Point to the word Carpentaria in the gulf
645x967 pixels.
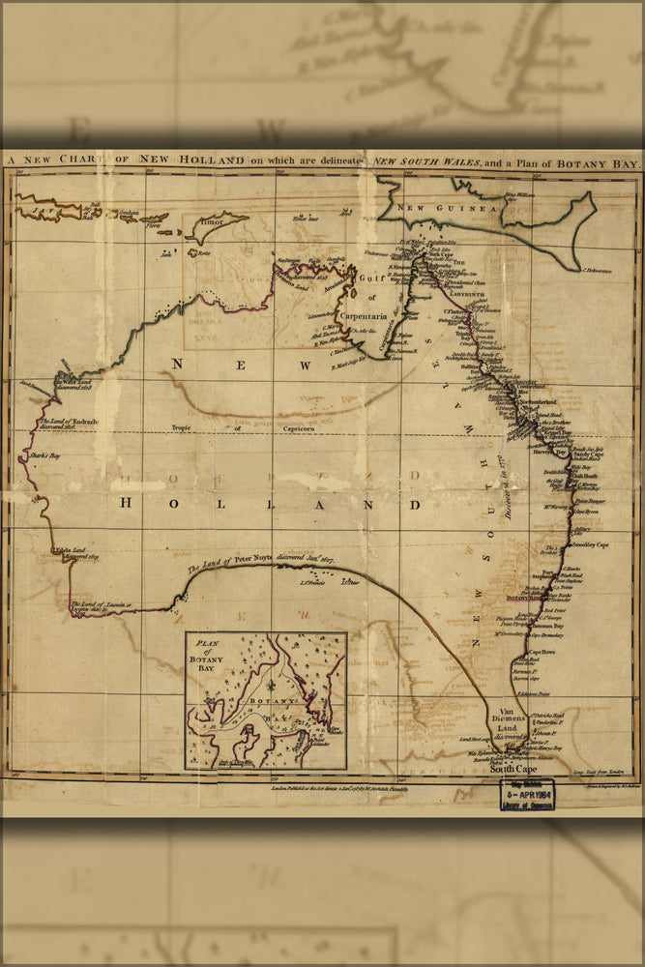[364, 315]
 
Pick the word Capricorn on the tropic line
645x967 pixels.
[279, 427]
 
